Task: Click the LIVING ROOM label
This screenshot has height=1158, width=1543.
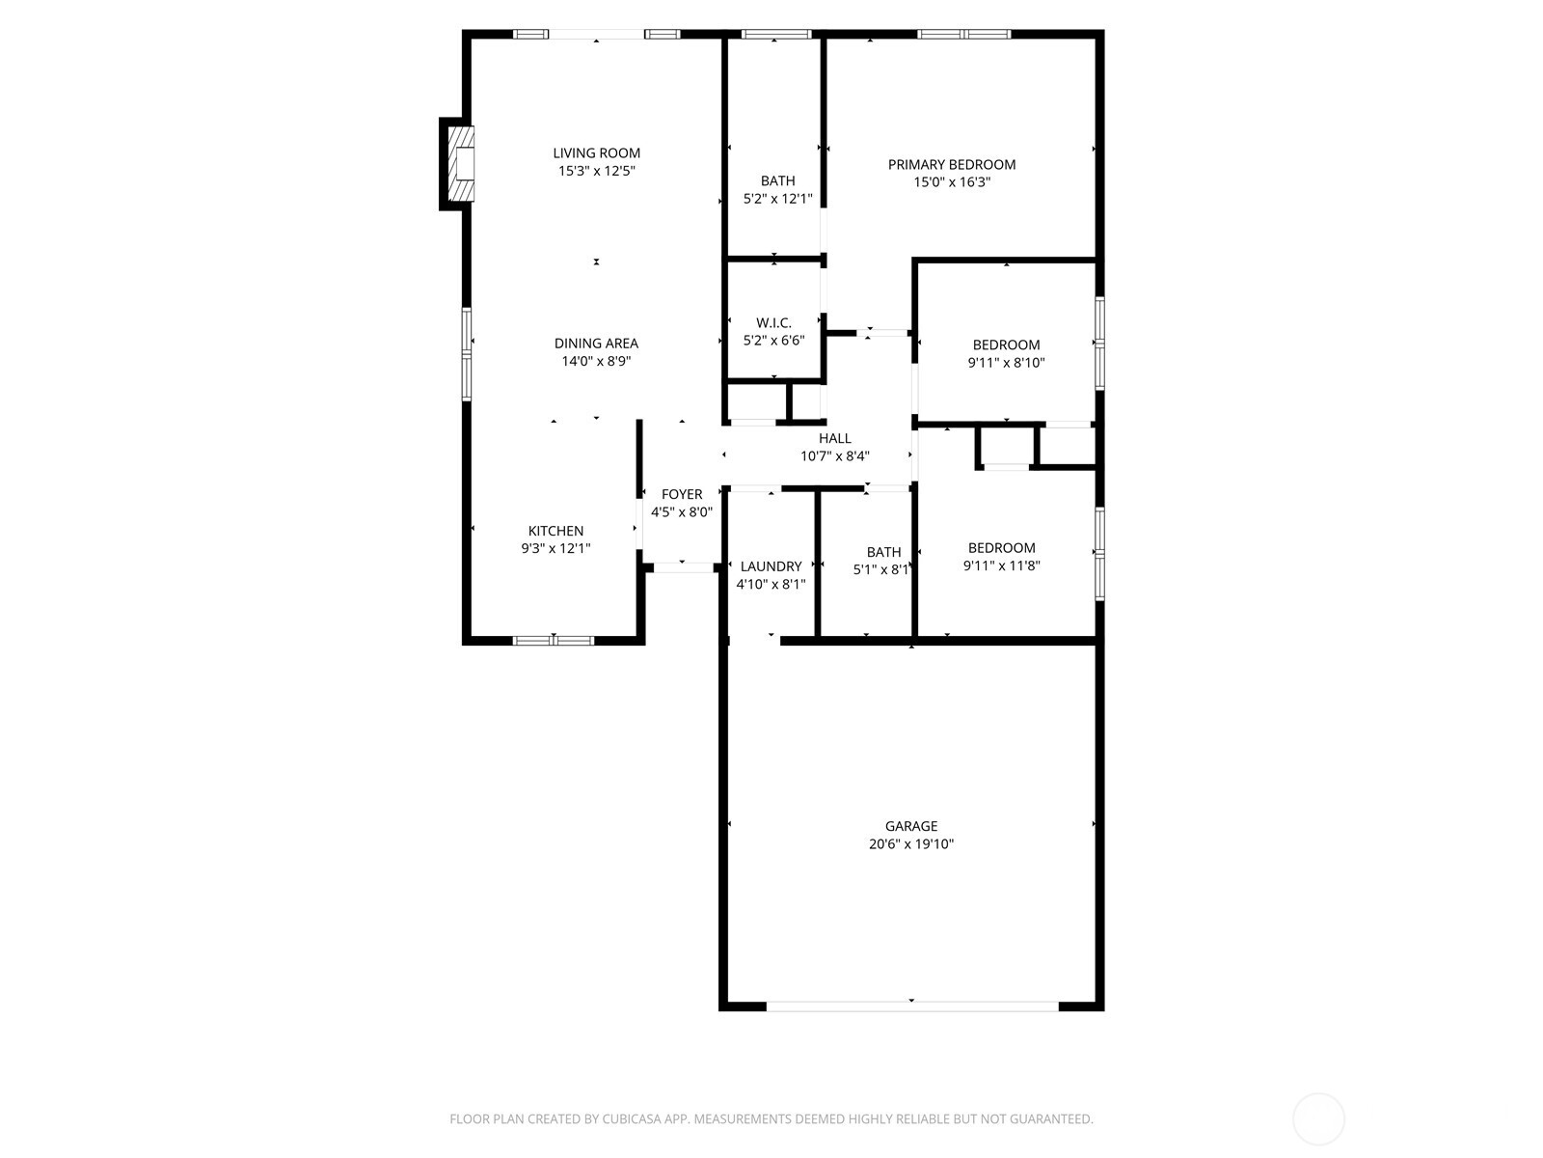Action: point(596,152)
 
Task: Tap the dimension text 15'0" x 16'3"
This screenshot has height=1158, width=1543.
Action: point(952,181)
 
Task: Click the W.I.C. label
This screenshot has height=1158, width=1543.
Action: point(773,322)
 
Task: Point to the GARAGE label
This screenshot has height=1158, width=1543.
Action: point(911,826)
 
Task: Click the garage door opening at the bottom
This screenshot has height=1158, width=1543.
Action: point(911,1006)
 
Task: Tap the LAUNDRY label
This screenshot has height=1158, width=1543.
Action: point(771,566)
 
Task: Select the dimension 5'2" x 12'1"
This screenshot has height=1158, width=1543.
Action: point(777,199)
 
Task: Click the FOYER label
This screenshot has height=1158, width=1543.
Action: point(682,494)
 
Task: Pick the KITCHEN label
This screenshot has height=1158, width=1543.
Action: point(555,531)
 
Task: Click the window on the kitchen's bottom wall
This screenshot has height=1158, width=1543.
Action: point(554,640)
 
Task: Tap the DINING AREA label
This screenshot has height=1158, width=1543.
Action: point(596,344)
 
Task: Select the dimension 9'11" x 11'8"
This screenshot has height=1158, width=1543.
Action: point(1001,566)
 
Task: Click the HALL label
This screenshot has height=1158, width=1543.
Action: point(834,438)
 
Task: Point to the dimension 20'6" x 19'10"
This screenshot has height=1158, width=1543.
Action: point(911,844)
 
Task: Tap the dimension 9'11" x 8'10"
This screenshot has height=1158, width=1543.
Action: point(1006,363)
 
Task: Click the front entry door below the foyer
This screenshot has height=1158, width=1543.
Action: point(684,566)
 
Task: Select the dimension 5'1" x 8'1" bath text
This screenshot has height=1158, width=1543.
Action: point(881,570)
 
